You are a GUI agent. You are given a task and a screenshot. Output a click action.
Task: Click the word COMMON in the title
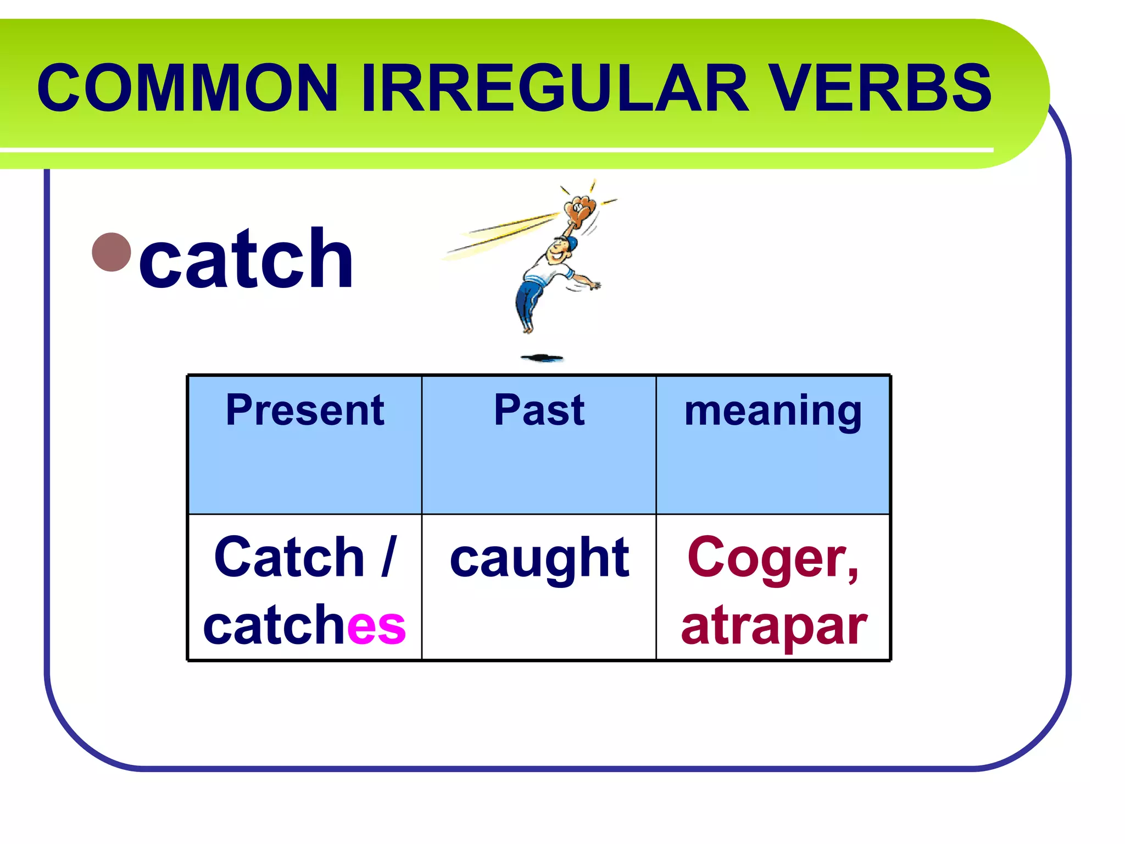click(187, 88)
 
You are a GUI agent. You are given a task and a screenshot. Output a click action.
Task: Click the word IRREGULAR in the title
click(555, 88)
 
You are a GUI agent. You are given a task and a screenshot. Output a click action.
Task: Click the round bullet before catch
click(112, 252)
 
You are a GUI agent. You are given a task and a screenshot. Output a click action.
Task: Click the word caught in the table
click(539, 559)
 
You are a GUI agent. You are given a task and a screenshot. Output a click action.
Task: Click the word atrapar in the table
click(773, 626)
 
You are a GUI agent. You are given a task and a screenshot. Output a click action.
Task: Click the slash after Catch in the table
click(388, 557)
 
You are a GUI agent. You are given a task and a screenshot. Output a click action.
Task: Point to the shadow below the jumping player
click(542, 358)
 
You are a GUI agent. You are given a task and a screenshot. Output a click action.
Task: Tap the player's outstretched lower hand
click(594, 285)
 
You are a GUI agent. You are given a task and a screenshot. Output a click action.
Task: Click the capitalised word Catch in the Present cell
click(289, 557)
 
